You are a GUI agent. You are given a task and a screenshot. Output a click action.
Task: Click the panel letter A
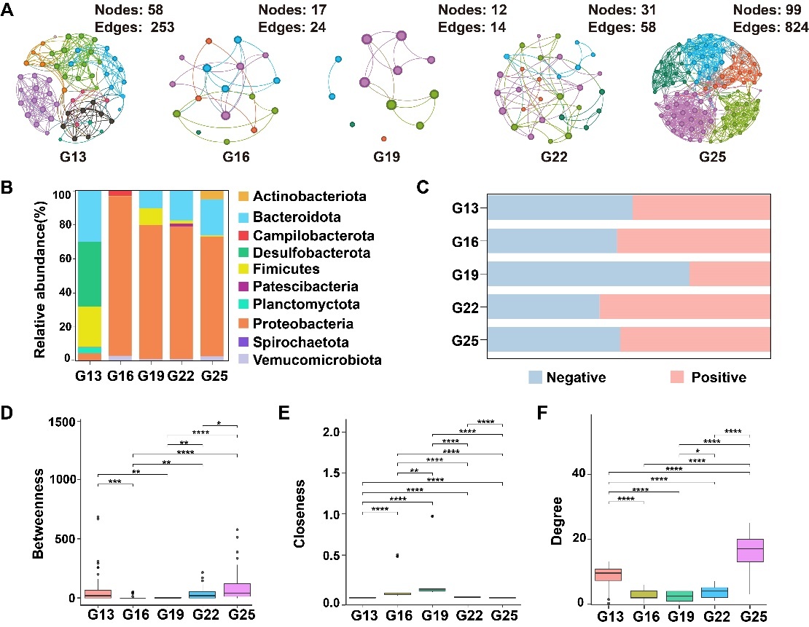[9, 12]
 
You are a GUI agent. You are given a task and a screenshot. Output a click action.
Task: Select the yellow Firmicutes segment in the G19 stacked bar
[152, 217]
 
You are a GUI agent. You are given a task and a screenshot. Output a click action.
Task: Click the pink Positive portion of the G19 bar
[730, 274]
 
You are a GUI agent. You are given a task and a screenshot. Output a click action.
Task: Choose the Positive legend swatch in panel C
[680, 376]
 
